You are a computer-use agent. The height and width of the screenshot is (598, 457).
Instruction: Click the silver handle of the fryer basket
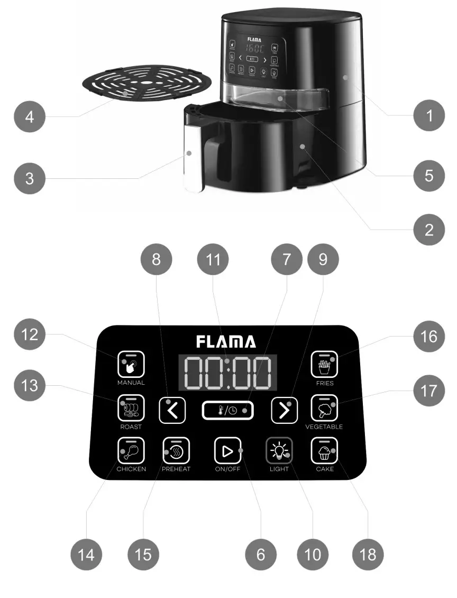pyautogui.click(x=191, y=159)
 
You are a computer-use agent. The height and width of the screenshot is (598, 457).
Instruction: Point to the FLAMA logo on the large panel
pyautogui.click(x=226, y=341)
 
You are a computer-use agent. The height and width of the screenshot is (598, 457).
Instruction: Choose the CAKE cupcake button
pyautogui.click(x=324, y=451)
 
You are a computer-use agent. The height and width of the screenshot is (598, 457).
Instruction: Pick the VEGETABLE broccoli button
pyautogui.click(x=324, y=408)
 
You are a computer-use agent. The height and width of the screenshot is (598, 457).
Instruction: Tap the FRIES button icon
pyautogui.click(x=324, y=363)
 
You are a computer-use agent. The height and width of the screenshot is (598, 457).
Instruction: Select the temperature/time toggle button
pyautogui.click(x=227, y=410)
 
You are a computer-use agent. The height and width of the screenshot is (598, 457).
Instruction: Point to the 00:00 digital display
pyautogui.click(x=227, y=373)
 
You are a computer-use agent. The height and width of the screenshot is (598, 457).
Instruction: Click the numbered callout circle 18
pyautogui.click(x=368, y=554)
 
